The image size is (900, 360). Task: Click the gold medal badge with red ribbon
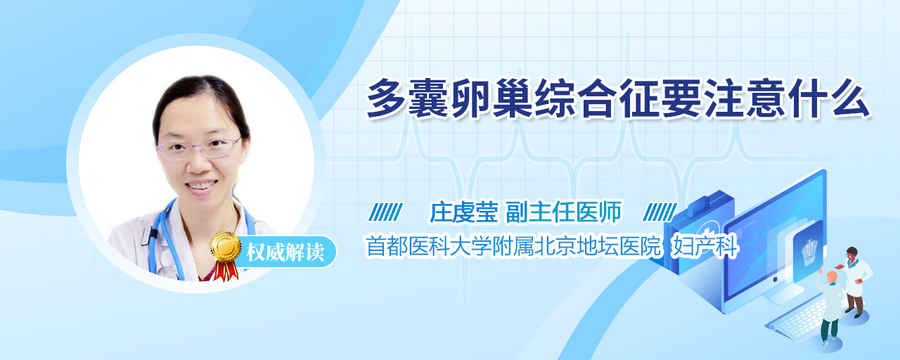[x=225, y=255]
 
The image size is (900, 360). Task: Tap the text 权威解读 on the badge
[x=285, y=252]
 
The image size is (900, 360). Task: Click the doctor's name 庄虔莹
[x=463, y=212]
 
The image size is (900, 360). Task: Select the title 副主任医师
[x=563, y=212]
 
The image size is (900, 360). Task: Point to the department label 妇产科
[x=705, y=246]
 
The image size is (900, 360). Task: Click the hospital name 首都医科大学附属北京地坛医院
[x=513, y=246]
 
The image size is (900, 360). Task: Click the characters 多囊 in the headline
[x=407, y=98]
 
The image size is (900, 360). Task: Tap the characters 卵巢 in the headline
[x=491, y=98]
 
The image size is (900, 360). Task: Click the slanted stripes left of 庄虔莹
[x=386, y=212]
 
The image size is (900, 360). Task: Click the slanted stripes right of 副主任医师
[x=660, y=212]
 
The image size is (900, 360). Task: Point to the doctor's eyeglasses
[x=198, y=148]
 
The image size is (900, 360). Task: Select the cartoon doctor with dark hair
[x=856, y=281]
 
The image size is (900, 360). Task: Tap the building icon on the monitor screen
[x=809, y=250]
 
